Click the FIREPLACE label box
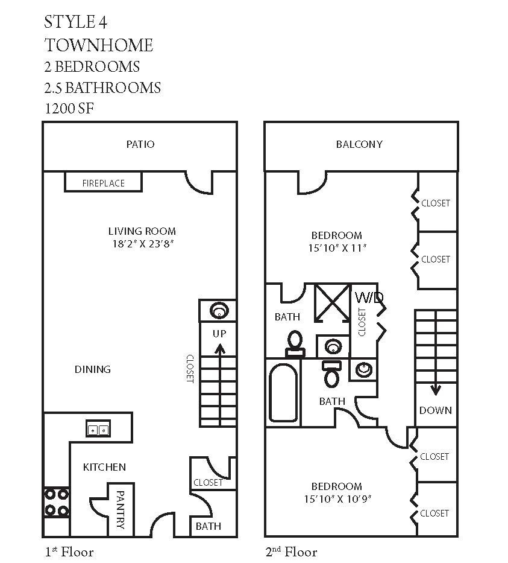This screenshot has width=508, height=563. coord(103,183)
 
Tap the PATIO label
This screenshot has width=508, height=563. coord(140,144)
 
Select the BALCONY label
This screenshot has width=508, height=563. coord(359,144)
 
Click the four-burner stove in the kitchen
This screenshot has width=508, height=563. coord(55,501)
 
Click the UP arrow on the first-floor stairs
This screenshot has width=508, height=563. coord(219,354)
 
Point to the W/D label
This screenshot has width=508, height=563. coord(369,297)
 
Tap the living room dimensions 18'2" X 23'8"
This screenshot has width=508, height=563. coord(143,244)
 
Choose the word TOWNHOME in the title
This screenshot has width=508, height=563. coord(99,45)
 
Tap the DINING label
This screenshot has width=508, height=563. coord(93,369)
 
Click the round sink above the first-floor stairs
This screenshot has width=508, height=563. coord(218,311)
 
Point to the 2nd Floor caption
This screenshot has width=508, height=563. coord(292,552)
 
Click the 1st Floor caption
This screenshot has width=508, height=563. coord(69,552)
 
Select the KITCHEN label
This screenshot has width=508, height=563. coord(104,467)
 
